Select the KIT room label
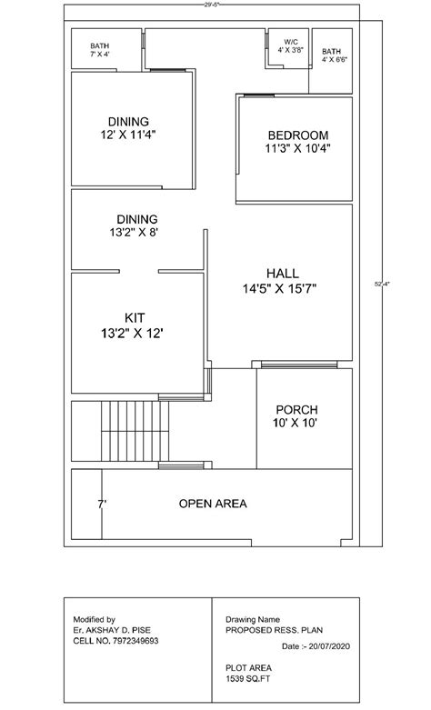click(x=135, y=317)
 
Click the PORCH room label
click(x=296, y=409)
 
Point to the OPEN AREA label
click(x=213, y=503)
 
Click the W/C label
click(x=290, y=42)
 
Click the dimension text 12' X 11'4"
click(x=134, y=135)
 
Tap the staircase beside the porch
click(x=133, y=431)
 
